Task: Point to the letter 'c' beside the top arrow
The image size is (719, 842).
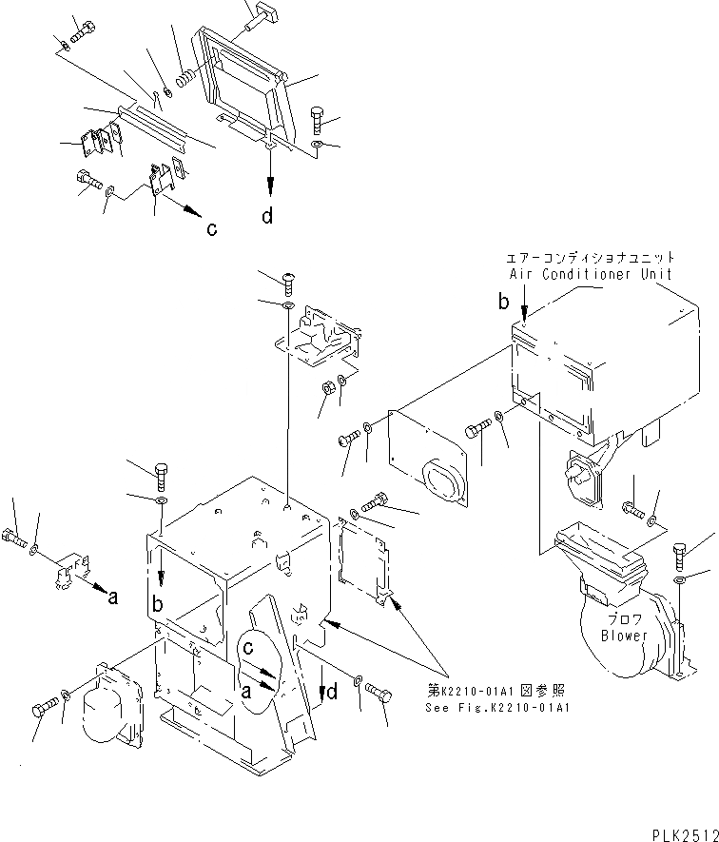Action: click(x=212, y=228)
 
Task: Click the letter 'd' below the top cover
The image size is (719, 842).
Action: click(x=268, y=216)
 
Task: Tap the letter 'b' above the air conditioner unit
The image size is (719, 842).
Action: click(x=503, y=302)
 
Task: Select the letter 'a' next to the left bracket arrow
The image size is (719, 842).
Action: click(x=113, y=598)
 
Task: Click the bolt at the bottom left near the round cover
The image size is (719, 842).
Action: click(x=44, y=709)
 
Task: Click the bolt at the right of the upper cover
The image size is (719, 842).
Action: click(x=320, y=121)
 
